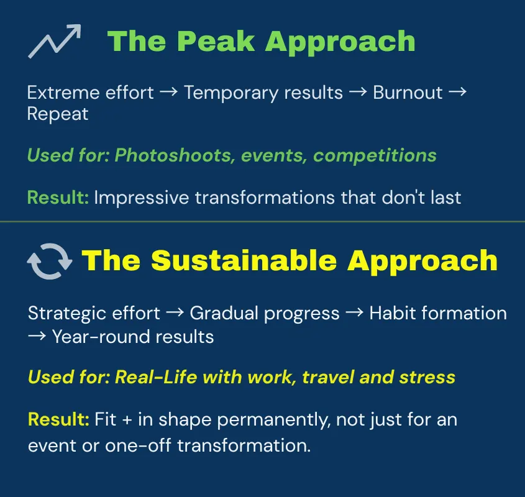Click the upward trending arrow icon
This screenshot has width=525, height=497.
pyautogui.click(x=55, y=42)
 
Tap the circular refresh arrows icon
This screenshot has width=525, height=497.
pyautogui.click(x=50, y=261)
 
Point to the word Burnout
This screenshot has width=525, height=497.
pyautogui.click(x=408, y=93)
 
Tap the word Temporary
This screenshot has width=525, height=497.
pyautogui.click(x=225, y=93)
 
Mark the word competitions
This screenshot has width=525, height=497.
pyautogui.click(x=375, y=155)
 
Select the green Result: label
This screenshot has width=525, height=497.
pyautogui.click(x=58, y=198)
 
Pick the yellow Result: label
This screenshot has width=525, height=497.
pyautogui.click(x=59, y=419)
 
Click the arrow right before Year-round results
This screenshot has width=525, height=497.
pyautogui.click(x=37, y=337)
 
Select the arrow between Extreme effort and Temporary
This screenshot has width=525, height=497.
pyautogui.click(x=168, y=93)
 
